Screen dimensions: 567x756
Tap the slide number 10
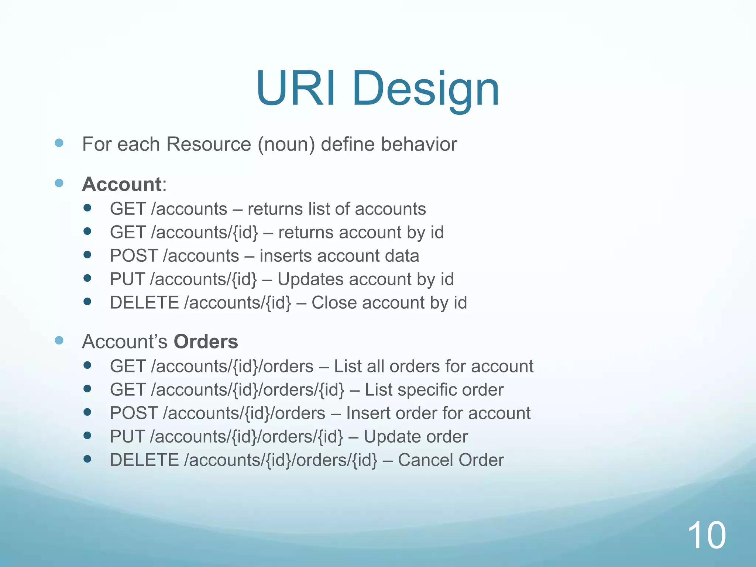point(707,536)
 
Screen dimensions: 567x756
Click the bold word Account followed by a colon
point(122,184)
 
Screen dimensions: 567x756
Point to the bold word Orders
point(206,341)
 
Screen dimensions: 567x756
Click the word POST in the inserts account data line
point(134,256)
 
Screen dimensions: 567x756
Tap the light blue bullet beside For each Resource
point(59,143)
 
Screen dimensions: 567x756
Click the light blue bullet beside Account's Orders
point(59,340)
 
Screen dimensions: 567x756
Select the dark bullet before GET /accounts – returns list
point(87,208)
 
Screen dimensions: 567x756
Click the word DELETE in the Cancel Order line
point(144,460)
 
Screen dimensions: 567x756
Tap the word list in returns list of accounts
point(312,209)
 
